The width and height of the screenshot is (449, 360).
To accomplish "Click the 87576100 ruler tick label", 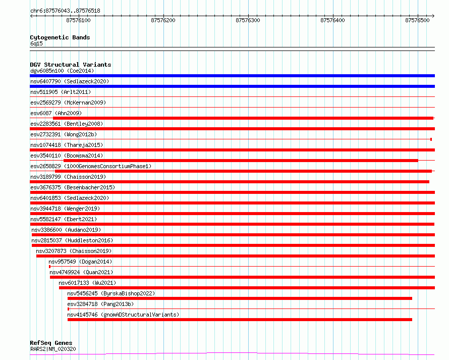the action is (x=78, y=20).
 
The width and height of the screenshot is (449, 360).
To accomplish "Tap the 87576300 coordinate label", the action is (x=248, y=20).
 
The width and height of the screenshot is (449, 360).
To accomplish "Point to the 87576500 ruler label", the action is (x=417, y=20).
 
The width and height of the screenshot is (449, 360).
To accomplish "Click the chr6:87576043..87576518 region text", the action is (x=65, y=11).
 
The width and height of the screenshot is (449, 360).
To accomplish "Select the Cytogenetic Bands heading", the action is (x=60, y=37).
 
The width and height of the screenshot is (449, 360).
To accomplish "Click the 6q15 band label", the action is (x=36, y=43).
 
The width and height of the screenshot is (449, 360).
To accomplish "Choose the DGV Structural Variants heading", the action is (x=71, y=65).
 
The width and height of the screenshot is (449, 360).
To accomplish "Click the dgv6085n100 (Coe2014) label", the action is (x=62, y=71).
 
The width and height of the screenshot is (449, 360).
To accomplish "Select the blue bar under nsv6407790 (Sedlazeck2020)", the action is (x=232, y=86).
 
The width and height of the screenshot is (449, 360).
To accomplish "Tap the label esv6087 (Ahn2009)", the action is (x=56, y=113).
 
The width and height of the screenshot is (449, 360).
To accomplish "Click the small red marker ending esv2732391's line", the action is (x=431, y=139).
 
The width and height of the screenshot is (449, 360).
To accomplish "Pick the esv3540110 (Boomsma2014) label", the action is (x=67, y=156).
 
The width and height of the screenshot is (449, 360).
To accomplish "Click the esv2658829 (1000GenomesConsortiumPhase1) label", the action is (x=91, y=166).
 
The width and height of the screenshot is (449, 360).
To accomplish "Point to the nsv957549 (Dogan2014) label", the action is (x=80, y=262).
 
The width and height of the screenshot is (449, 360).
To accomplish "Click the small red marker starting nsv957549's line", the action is (x=50, y=267).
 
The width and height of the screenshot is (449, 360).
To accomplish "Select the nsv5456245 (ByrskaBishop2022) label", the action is (x=111, y=293).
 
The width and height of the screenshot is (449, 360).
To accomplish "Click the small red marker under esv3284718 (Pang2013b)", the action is (x=68, y=309).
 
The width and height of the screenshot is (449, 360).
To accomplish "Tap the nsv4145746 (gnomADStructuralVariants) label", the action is (x=123, y=315).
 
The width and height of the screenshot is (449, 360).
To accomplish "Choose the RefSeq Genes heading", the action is (x=51, y=343).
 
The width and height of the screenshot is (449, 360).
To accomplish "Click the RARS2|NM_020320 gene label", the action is (x=53, y=349).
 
